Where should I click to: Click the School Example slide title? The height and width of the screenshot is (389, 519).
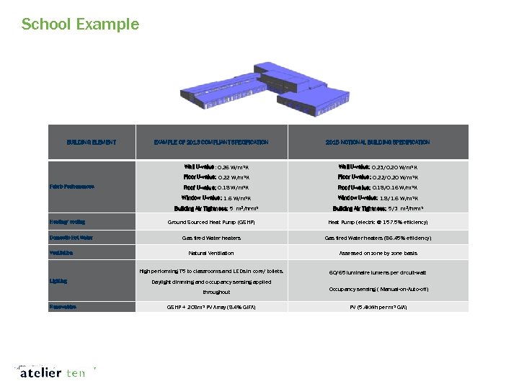80,24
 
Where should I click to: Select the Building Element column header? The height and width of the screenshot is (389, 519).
92,143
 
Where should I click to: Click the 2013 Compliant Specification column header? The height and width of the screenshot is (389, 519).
211,143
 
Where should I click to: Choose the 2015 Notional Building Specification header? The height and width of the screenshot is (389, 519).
378,143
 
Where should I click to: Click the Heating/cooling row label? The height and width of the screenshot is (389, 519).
67,222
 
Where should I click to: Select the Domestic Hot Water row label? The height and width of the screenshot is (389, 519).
71,238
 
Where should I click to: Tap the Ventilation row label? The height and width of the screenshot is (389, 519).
63,253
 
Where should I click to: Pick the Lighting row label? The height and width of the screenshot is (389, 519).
58,281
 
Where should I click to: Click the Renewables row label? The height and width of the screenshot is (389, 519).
64,307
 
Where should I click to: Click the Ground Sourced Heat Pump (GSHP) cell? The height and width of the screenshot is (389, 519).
211,222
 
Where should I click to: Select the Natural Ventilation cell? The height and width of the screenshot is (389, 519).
211,253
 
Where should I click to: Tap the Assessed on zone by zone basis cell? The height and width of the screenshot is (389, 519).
378,253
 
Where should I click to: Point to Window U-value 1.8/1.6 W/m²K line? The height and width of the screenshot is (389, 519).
378,197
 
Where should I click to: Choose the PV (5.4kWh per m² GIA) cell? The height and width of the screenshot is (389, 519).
378,307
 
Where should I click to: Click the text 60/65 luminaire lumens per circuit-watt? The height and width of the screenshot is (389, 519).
378,273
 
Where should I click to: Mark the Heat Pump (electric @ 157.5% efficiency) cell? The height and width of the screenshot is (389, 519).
378,222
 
